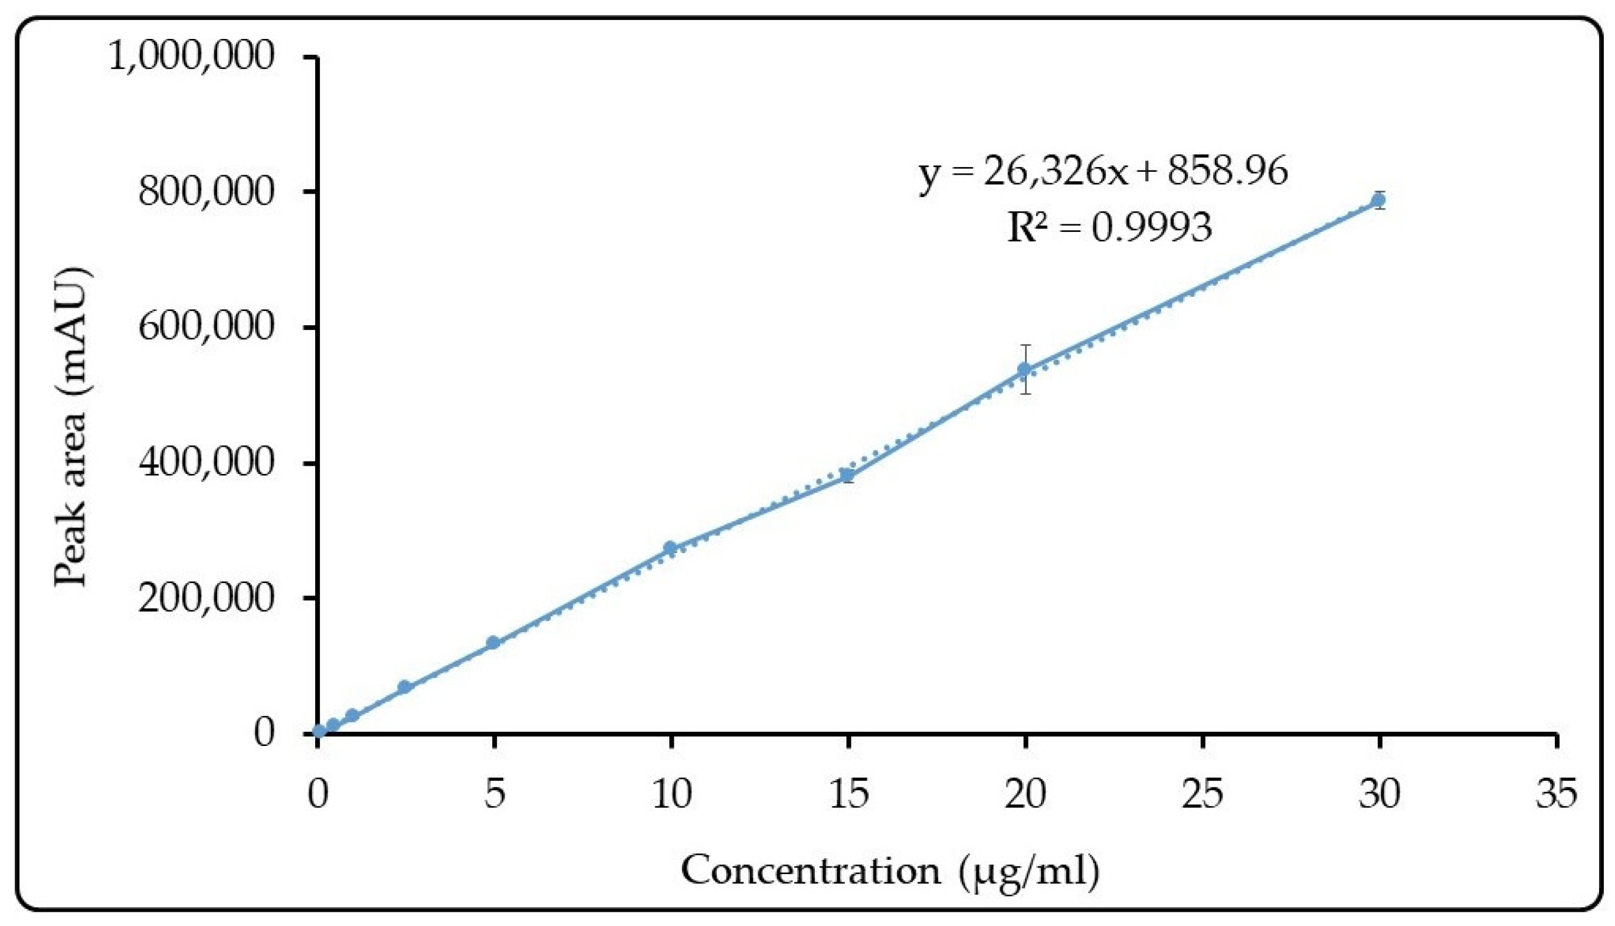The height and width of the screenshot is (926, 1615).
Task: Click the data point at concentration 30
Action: (x=1378, y=200)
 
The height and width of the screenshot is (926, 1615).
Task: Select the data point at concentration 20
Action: (x=1024, y=369)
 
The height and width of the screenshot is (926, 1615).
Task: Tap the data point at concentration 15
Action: (x=847, y=475)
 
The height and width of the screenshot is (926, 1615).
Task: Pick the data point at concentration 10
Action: (x=670, y=548)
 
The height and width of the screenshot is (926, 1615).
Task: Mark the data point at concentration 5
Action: (x=493, y=642)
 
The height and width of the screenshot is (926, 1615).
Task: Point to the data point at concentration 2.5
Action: (x=404, y=686)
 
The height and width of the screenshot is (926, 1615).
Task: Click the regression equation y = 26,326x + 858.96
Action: (x=1103, y=172)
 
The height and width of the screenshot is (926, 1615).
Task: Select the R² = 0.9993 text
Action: (x=1109, y=227)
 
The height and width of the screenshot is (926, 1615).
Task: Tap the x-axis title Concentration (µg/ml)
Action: (x=890, y=871)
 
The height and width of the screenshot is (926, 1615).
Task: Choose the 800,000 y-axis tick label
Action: (x=206, y=191)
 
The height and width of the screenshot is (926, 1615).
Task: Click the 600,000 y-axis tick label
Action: (x=206, y=327)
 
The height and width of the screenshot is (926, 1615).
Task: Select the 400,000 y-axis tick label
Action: (x=206, y=463)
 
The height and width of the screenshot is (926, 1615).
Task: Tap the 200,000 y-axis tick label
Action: (x=206, y=598)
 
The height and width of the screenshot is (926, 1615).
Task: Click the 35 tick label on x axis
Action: (x=1556, y=794)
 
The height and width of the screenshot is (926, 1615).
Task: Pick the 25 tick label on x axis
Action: (x=1202, y=794)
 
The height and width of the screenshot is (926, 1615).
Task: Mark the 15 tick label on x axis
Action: (x=848, y=794)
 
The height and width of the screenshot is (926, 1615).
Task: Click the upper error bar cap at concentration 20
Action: (x=1025, y=345)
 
